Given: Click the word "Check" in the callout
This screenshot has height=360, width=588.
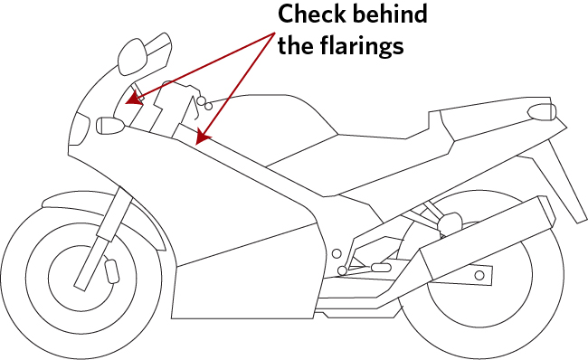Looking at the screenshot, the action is tap(312, 14).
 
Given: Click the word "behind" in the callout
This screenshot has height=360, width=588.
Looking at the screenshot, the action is tap(390, 14).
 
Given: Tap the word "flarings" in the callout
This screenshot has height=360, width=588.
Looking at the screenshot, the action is tap(362, 47).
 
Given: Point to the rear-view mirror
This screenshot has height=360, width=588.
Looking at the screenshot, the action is tap(132, 57).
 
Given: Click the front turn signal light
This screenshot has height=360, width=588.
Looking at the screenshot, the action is tap(110, 125).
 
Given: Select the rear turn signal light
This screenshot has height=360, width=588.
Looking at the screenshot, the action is tap(542, 112).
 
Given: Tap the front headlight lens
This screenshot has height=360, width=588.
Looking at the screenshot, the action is tap(80, 129).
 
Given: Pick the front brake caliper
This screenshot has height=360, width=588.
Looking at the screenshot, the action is tap(112, 270).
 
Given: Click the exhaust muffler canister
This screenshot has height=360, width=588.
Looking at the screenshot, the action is tap(486, 239).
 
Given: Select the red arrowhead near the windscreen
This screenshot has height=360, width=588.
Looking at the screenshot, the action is tap(134, 99).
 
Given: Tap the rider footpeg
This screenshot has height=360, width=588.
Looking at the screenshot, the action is tap(381, 268).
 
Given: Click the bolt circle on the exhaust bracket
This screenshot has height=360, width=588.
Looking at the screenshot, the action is tap(479, 276).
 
